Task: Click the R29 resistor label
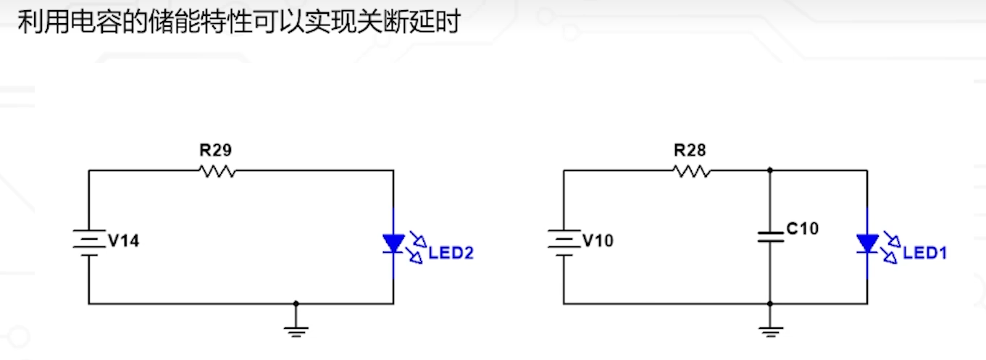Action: tap(216, 151)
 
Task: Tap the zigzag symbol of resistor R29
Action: tap(217, 171)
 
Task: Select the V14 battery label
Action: tap(123, 240)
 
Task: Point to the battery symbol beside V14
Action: tap(88, 240)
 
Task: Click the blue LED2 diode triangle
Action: tap(393, 243)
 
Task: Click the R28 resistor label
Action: tap(690, 151)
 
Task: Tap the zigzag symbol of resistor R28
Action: tap(691, 171)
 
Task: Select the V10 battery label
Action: tap(598, 240)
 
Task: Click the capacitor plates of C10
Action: tap(770, 237)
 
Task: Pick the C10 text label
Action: tap(802, 229)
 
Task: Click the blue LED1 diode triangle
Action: tap(867, 243)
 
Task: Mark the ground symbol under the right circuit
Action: tap(770, 331)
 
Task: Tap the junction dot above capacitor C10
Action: tap(770, 171)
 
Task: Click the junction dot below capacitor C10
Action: tap(770, 304)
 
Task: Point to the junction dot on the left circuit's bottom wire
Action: tap(296, 304)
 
